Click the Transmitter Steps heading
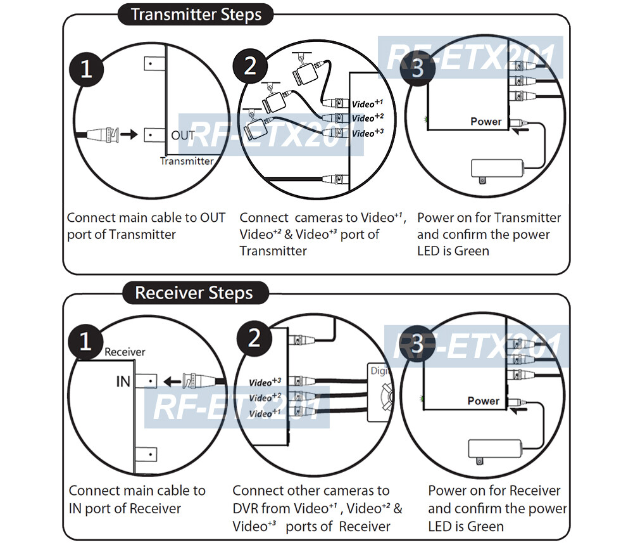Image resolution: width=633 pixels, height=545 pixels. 196,15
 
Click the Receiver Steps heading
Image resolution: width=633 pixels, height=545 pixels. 194,293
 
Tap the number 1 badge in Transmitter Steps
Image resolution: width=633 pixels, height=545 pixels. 86,68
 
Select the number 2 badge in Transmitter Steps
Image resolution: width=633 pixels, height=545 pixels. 251,65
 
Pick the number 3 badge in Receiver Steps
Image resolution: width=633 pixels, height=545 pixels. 417,345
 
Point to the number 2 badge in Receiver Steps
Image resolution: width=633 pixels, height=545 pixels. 254,338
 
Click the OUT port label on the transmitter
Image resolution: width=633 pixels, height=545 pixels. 184,135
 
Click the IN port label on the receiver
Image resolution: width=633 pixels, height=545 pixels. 123,381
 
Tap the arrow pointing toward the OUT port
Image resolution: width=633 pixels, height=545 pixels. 128,134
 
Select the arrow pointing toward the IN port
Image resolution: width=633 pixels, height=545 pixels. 171,381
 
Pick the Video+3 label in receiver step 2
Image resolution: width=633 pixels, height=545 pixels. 265,382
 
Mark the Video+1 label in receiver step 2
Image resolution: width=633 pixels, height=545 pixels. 265,413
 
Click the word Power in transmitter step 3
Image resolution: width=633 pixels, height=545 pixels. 486,121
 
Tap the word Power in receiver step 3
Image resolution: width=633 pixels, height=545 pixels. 483,401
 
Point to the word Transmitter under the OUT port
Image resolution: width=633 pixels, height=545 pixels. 187,161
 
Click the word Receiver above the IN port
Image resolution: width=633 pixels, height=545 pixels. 125,352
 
